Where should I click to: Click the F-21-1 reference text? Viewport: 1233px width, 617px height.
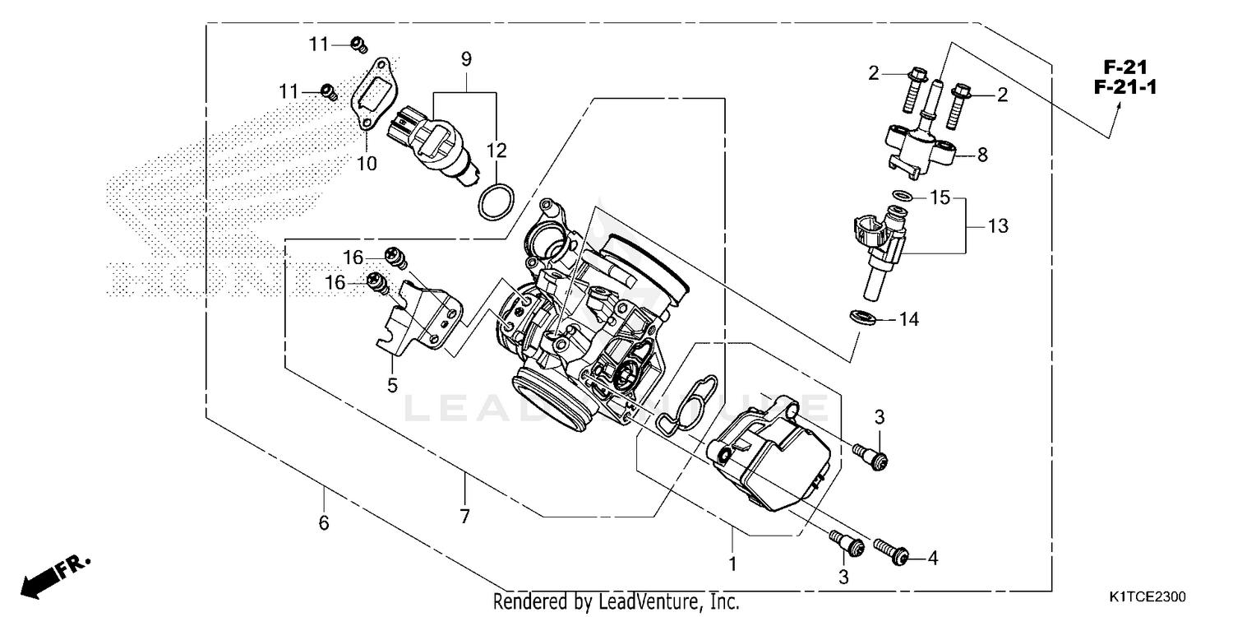click(x=1119, y=86)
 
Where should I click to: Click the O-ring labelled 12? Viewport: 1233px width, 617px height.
click(x=496, y=202)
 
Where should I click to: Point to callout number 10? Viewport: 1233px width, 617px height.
click(x=367, y=164)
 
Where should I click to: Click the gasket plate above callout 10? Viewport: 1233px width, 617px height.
click(x=374, y=90)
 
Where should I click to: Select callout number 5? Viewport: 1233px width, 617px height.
click(x=393, y=384)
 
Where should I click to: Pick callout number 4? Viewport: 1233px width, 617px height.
click(x=931, y=559)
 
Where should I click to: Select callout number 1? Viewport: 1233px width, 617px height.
click(x=732, y=564)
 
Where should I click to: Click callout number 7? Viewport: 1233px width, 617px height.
click(x=464, y=517)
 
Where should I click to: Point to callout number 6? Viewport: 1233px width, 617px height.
click(x=324, y=522)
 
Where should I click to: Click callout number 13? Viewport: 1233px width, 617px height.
click(x=997, y=225)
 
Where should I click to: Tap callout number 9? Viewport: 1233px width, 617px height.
click(x=466, y=59)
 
